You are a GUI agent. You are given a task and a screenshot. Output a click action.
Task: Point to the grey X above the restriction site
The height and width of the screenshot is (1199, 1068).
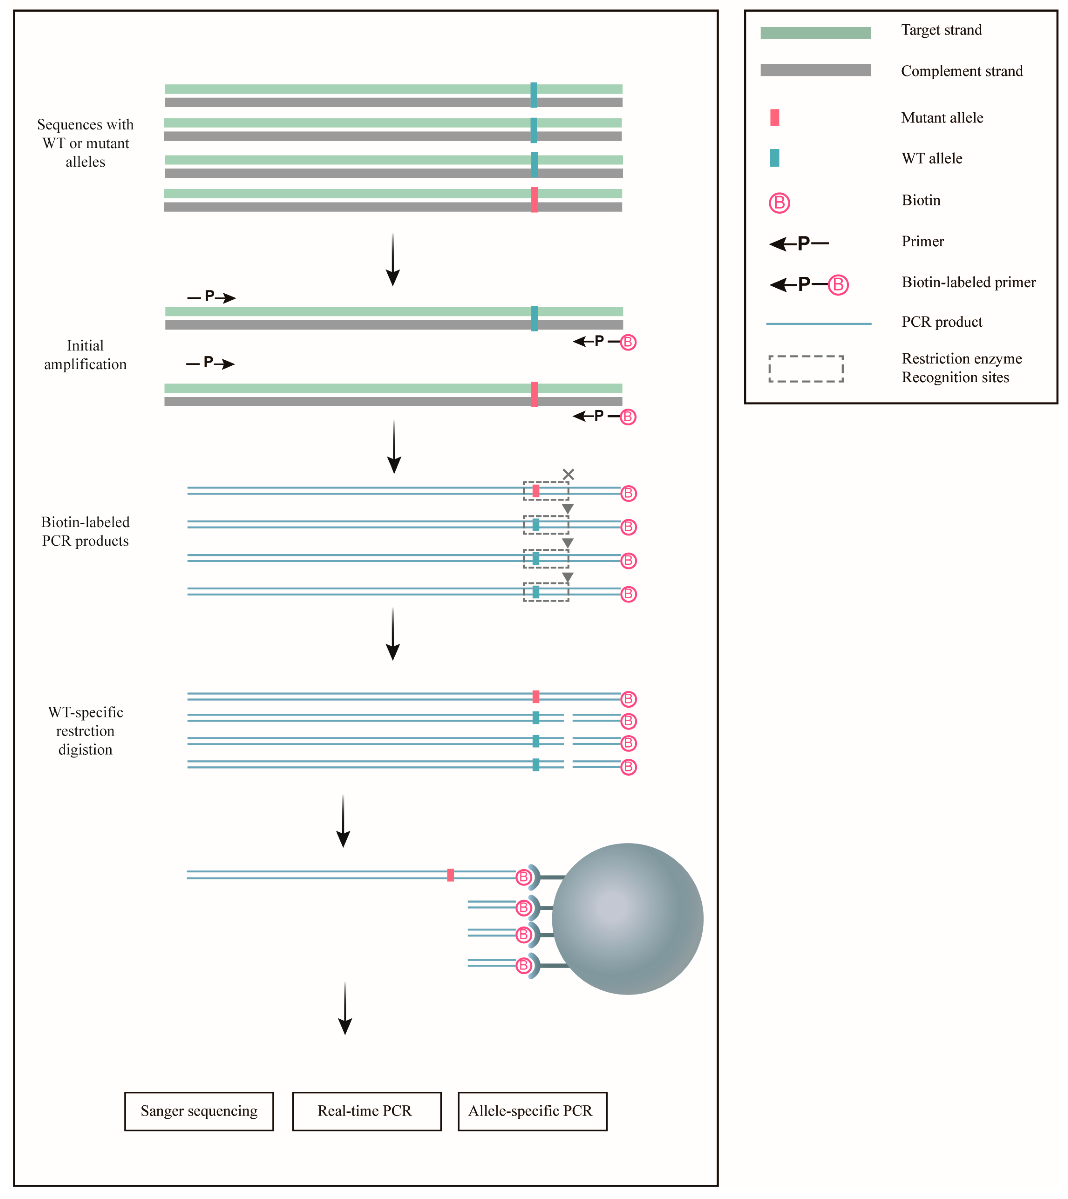click(x=568, y=474)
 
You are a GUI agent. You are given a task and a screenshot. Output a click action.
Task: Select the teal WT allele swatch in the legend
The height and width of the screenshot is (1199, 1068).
click(x=775, y=158)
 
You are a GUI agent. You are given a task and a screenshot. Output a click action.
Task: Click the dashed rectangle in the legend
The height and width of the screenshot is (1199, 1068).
click(x=806, y=369)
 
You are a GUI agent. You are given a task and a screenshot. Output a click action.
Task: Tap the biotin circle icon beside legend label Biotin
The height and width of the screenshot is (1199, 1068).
click(x=779, y=203)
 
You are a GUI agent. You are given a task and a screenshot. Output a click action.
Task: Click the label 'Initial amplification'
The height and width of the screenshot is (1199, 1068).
click(x=85, y=355)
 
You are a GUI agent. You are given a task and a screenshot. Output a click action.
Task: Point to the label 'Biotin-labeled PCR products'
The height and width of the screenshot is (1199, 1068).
click(x=85, y=531)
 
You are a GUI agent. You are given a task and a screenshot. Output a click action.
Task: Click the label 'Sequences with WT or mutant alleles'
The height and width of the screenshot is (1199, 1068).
click(x=85, y=143)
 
